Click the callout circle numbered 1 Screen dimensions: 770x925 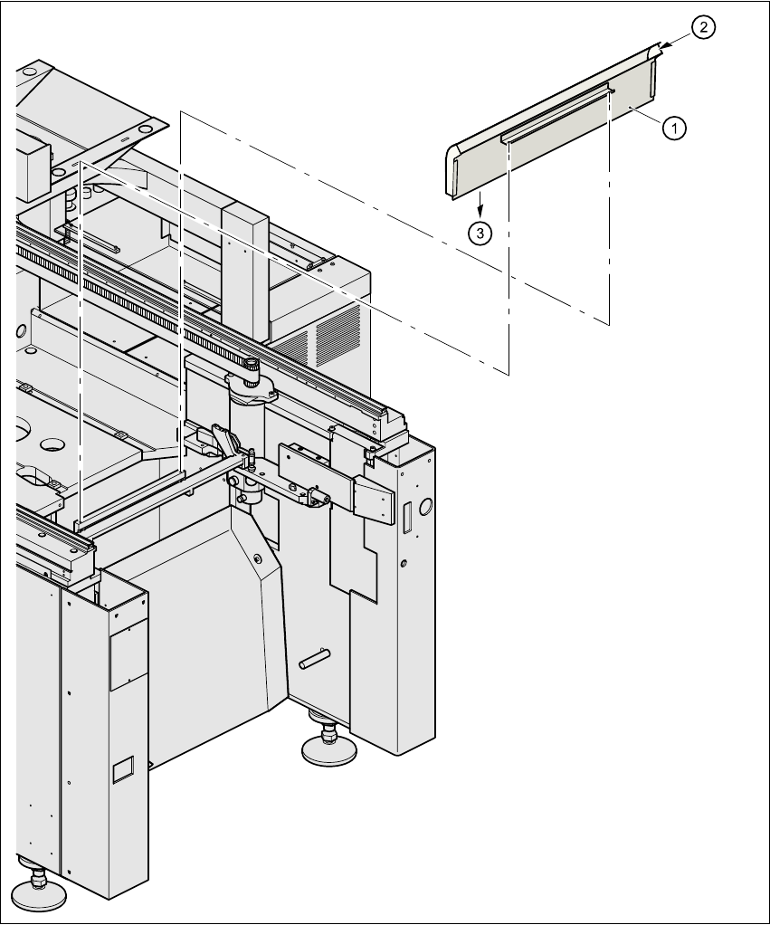click(673, 129)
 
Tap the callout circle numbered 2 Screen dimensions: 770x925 click(704, 28)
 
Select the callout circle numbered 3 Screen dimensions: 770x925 click(480, 233)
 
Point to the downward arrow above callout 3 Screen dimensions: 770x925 click(480, 201)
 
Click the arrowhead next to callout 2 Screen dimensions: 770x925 click(666, 44)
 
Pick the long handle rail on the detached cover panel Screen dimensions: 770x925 click(556, 112)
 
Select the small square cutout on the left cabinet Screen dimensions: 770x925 click(120, 769)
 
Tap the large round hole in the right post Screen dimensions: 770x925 click(424, 504)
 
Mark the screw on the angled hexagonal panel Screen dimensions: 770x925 click(260, 558)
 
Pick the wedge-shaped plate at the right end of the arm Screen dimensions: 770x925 click(371, 499)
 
